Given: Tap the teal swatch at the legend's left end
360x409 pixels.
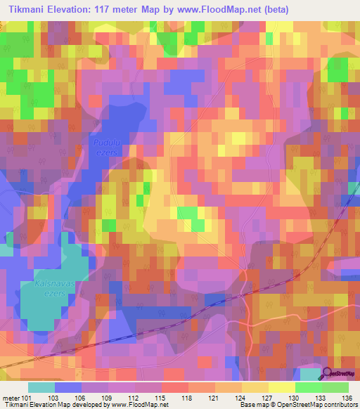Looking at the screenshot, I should (41, 387).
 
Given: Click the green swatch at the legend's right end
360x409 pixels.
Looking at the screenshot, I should (335, 387).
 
